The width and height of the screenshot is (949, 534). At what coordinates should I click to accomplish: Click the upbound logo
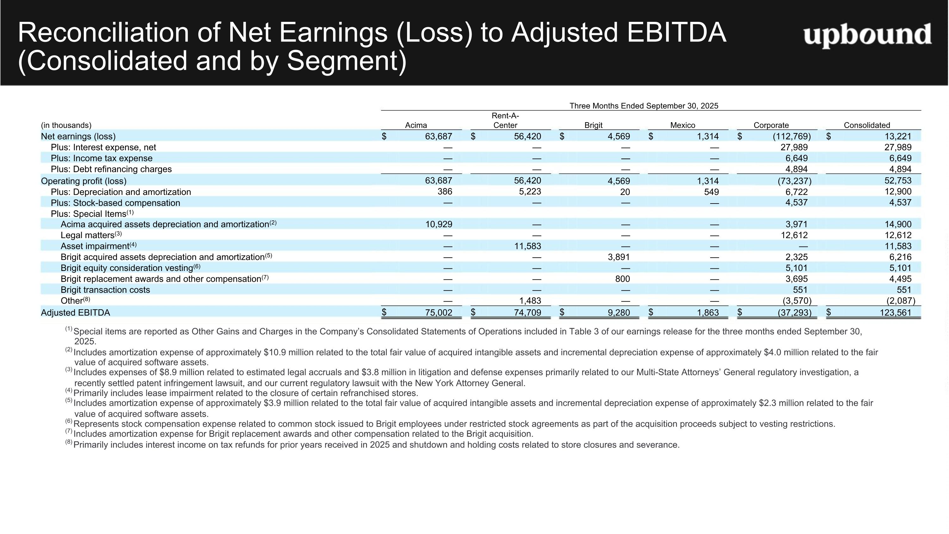[868, 35]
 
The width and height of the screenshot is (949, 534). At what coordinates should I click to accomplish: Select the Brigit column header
[593, 125]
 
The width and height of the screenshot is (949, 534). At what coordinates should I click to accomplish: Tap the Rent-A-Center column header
[506, 121]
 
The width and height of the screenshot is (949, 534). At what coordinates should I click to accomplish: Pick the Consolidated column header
[867, 125]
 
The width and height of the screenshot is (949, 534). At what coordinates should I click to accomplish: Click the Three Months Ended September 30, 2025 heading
[644, 106]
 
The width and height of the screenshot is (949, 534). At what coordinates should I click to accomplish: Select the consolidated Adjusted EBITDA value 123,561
[898, 312]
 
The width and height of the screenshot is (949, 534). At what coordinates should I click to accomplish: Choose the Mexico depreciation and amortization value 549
[711, 192]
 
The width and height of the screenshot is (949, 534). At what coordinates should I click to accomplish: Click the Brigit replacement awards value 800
[623, 279]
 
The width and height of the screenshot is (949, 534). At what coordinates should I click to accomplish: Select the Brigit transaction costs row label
[105, 290]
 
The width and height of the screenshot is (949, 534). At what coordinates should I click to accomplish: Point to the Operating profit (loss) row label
[84, 181]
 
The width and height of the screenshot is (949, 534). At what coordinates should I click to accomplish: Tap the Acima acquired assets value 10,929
[439, 224]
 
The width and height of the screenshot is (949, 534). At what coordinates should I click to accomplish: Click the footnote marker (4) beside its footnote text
[69, 390]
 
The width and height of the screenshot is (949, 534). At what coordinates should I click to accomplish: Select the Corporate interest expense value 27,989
[794, 148]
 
